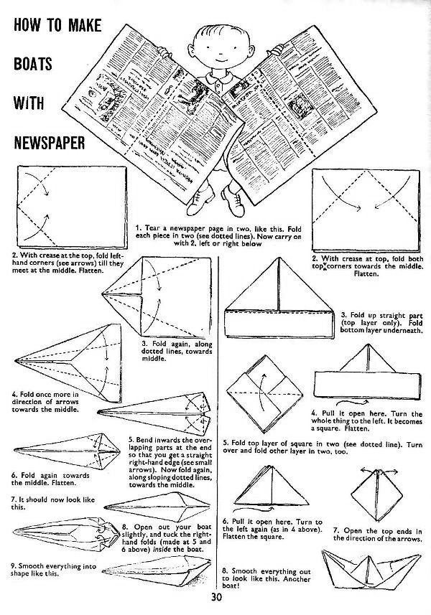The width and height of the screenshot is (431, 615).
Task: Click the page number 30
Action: click(x=216, y=598)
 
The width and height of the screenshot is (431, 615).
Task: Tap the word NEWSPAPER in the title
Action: click(x=50, y=138)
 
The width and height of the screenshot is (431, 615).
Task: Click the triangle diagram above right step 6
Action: click(x=260, y=488)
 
